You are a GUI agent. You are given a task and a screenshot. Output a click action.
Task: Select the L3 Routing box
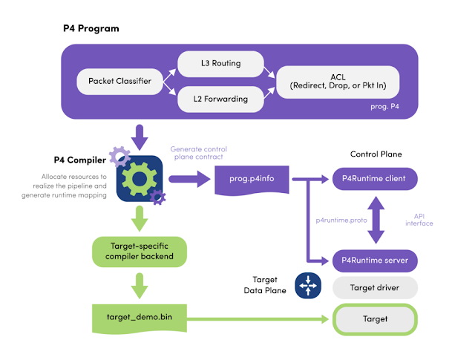pos(220,65)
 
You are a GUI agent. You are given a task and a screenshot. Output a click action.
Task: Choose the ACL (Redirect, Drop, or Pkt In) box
pos(337,81)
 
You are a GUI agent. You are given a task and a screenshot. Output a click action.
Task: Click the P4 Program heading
pos(91,28)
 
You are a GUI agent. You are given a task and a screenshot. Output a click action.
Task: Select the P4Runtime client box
pos(375,179)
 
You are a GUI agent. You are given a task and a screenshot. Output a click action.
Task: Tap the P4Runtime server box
pos(375,261)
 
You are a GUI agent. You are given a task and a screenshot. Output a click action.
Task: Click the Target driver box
pos(375,287)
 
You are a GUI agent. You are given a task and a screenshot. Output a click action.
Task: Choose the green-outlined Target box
pos(375,319)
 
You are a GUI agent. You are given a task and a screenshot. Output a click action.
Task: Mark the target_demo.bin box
pos(137,318)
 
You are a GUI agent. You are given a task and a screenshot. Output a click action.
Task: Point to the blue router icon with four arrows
pos(307,284)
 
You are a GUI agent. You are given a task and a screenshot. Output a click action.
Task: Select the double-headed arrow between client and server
pos(376,220)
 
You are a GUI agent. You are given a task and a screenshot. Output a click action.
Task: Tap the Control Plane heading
pos(376,154)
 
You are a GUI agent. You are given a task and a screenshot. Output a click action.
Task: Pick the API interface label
pos(425,220)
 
